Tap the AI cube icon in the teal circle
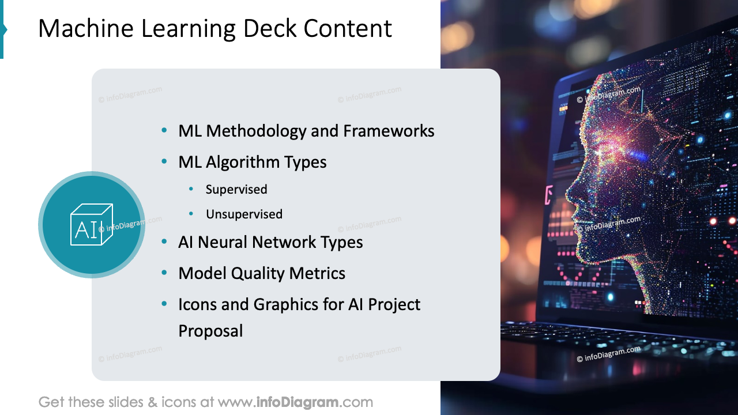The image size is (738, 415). (92, 225)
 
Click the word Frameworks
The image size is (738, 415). (389, 131)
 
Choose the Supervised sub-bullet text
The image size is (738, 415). (236, 189)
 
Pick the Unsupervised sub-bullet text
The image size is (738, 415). (244, 214)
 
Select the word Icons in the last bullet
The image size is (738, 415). (197, 304)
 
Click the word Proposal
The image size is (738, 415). (210, 331)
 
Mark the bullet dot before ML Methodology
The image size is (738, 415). (165, 131)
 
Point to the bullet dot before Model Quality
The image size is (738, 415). (165, 273)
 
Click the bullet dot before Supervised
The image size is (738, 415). (191, 189)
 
